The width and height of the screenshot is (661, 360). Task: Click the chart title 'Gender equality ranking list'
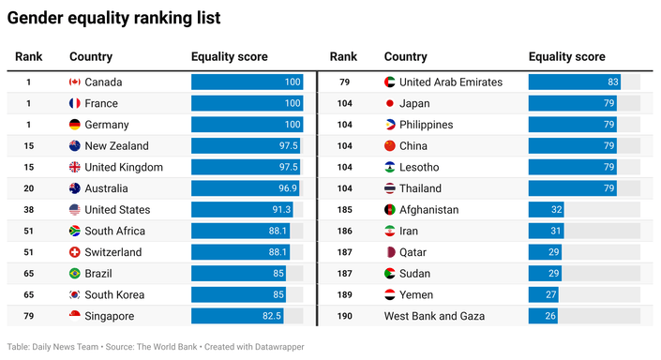[114, 18]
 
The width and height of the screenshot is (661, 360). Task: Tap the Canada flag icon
[75, 82]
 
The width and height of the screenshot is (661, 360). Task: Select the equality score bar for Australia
[246, 188]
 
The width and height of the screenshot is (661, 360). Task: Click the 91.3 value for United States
[281, 210]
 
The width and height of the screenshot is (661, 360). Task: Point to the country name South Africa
[114, 231]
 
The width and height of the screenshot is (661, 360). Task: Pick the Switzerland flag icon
[75, 252]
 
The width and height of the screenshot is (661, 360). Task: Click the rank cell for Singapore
[28, 316]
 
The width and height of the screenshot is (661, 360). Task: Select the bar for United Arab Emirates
[574, 82]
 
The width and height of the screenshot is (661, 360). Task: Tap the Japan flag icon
[390, 103]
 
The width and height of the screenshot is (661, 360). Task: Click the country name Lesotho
[419, 167]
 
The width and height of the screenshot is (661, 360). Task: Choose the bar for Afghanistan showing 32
[546, 210]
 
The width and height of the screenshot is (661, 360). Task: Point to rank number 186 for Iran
[344, 231]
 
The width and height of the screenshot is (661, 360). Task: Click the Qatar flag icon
[390, 252]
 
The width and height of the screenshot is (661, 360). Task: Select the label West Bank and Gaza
[434, 316]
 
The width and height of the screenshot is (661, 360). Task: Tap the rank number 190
[344, 316]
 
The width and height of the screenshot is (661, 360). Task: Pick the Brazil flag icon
[75, 274]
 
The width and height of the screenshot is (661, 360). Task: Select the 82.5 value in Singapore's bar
[270, 316]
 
